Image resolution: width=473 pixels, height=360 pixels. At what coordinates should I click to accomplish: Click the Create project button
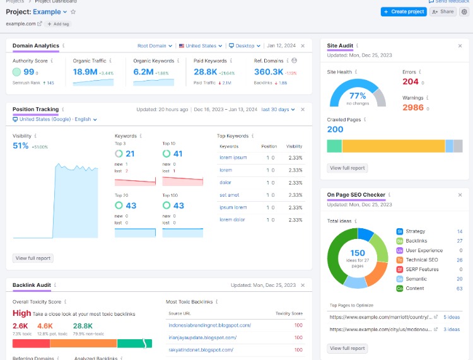click(404, 11)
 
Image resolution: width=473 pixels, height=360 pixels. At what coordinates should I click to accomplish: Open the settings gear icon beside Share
click(464, 11)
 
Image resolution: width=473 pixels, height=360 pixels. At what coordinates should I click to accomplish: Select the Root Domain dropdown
click(155, 46)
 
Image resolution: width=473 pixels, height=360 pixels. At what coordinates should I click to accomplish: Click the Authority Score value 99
click(29, 72)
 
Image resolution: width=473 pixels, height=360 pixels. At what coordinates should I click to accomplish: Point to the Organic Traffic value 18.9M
click(85, 72)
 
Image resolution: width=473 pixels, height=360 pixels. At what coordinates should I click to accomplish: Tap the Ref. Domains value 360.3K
click(268, 72)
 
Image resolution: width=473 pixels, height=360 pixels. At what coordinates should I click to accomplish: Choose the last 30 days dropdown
click(278, 109)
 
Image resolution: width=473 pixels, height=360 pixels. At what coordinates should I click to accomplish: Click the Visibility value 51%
click(21, 146)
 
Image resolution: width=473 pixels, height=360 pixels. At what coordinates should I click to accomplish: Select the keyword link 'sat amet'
click(229, 195)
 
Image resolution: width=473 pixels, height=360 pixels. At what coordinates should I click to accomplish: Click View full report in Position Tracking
click(33, 258)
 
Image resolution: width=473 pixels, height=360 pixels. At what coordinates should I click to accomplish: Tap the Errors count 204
click(411, 81)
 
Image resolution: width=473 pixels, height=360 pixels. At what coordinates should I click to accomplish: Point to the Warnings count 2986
click(413, 108)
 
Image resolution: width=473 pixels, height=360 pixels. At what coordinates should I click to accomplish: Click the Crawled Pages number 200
click(335, 129)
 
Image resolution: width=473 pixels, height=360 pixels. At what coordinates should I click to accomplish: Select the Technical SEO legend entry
click(421, 260)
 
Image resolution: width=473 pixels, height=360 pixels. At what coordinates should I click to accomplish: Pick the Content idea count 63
click(459, 288)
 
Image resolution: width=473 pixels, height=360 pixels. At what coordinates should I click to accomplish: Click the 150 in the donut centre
click(358, 253)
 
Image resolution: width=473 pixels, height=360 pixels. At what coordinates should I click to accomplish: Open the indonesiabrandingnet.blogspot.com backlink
click(209, 325)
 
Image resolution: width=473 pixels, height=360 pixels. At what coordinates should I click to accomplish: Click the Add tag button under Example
click(58, 23)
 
